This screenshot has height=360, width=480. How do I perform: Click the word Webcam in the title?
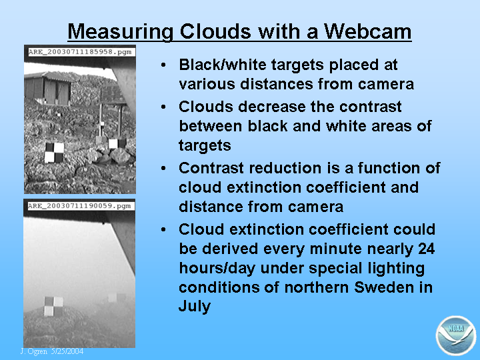pyautogui.click(x=367, y=31)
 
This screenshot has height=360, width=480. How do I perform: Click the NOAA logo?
pyautogui.click(x=456, y=335)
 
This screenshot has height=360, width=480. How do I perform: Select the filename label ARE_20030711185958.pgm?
pyautogui.click(x=80, y=52)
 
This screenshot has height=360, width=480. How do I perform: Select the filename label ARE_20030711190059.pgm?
pyautogui.click(x=79, y=206)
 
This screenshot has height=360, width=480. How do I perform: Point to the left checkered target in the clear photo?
pyautogui.click(x=54, y=152)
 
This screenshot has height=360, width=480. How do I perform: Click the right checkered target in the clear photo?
pyautogui.click(x=117, y=143)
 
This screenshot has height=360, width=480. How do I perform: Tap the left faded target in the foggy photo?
pyautogui.click(x=53, y=306)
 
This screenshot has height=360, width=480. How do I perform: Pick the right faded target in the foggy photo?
pyautogui.click(x=117, y=297)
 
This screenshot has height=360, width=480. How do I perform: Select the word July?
pyautogui.click(x=195, y=307)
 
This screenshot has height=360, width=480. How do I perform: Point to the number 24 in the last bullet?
pyautogui.click(x=426, y=249)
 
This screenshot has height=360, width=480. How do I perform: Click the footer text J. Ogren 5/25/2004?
pyautogui.click(x=52, y=351)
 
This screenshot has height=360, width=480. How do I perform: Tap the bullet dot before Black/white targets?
pyautogui.click(x=163, y=65)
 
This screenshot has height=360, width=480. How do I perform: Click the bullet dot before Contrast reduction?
pyautogui.click(x=163, y=168)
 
